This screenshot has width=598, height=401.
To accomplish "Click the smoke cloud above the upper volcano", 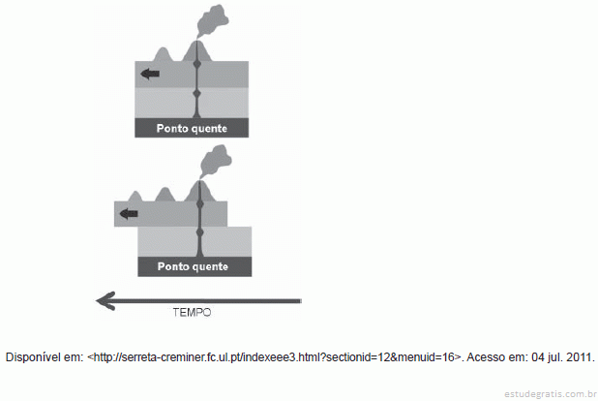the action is (x=212, y=20).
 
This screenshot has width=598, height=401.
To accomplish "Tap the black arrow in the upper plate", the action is (x=150, y=74).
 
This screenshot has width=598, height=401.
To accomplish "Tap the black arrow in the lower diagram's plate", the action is (x=129, y=214).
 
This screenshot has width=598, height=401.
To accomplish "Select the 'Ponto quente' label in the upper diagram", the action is (x=192, y=128).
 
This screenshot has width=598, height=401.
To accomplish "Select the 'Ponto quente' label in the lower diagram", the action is (x=193, y=266).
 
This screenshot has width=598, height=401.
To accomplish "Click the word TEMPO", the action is (x=192, y=313).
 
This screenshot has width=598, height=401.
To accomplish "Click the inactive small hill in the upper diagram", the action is (x=164, y=54).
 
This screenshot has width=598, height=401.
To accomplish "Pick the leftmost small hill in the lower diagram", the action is (x=135, y=197).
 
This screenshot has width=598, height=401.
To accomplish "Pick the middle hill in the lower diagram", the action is (x=165, y=195).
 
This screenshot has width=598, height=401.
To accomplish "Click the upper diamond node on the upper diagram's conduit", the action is (x=196, y=65).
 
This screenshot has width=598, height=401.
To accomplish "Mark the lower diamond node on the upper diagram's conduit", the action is (x=196, y=93).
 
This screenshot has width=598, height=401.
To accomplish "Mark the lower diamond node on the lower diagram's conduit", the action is (x=199, y=232).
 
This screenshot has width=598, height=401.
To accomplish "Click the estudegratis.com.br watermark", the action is (x=551, y=394).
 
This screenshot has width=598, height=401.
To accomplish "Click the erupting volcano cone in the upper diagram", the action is (x=196, y=51).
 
